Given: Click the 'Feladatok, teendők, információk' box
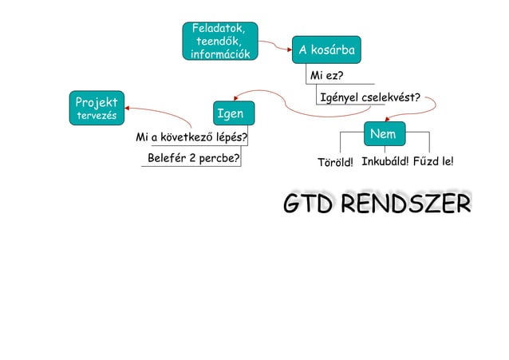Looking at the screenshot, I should click(219, 42).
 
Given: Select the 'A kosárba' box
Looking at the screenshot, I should click(326, 51).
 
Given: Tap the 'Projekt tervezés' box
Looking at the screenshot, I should click(96, 109).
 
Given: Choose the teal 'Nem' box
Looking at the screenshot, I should click(384, 134).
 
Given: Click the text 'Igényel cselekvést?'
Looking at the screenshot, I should click(370, 98).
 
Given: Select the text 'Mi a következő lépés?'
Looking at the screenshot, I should click(191, 137).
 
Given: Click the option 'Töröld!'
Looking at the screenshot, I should click(335, 164).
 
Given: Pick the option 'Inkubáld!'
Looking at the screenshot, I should click(385, 163).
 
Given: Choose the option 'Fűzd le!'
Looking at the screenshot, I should click(434, 163).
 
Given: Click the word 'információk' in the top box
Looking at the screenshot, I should click(219, 54).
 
